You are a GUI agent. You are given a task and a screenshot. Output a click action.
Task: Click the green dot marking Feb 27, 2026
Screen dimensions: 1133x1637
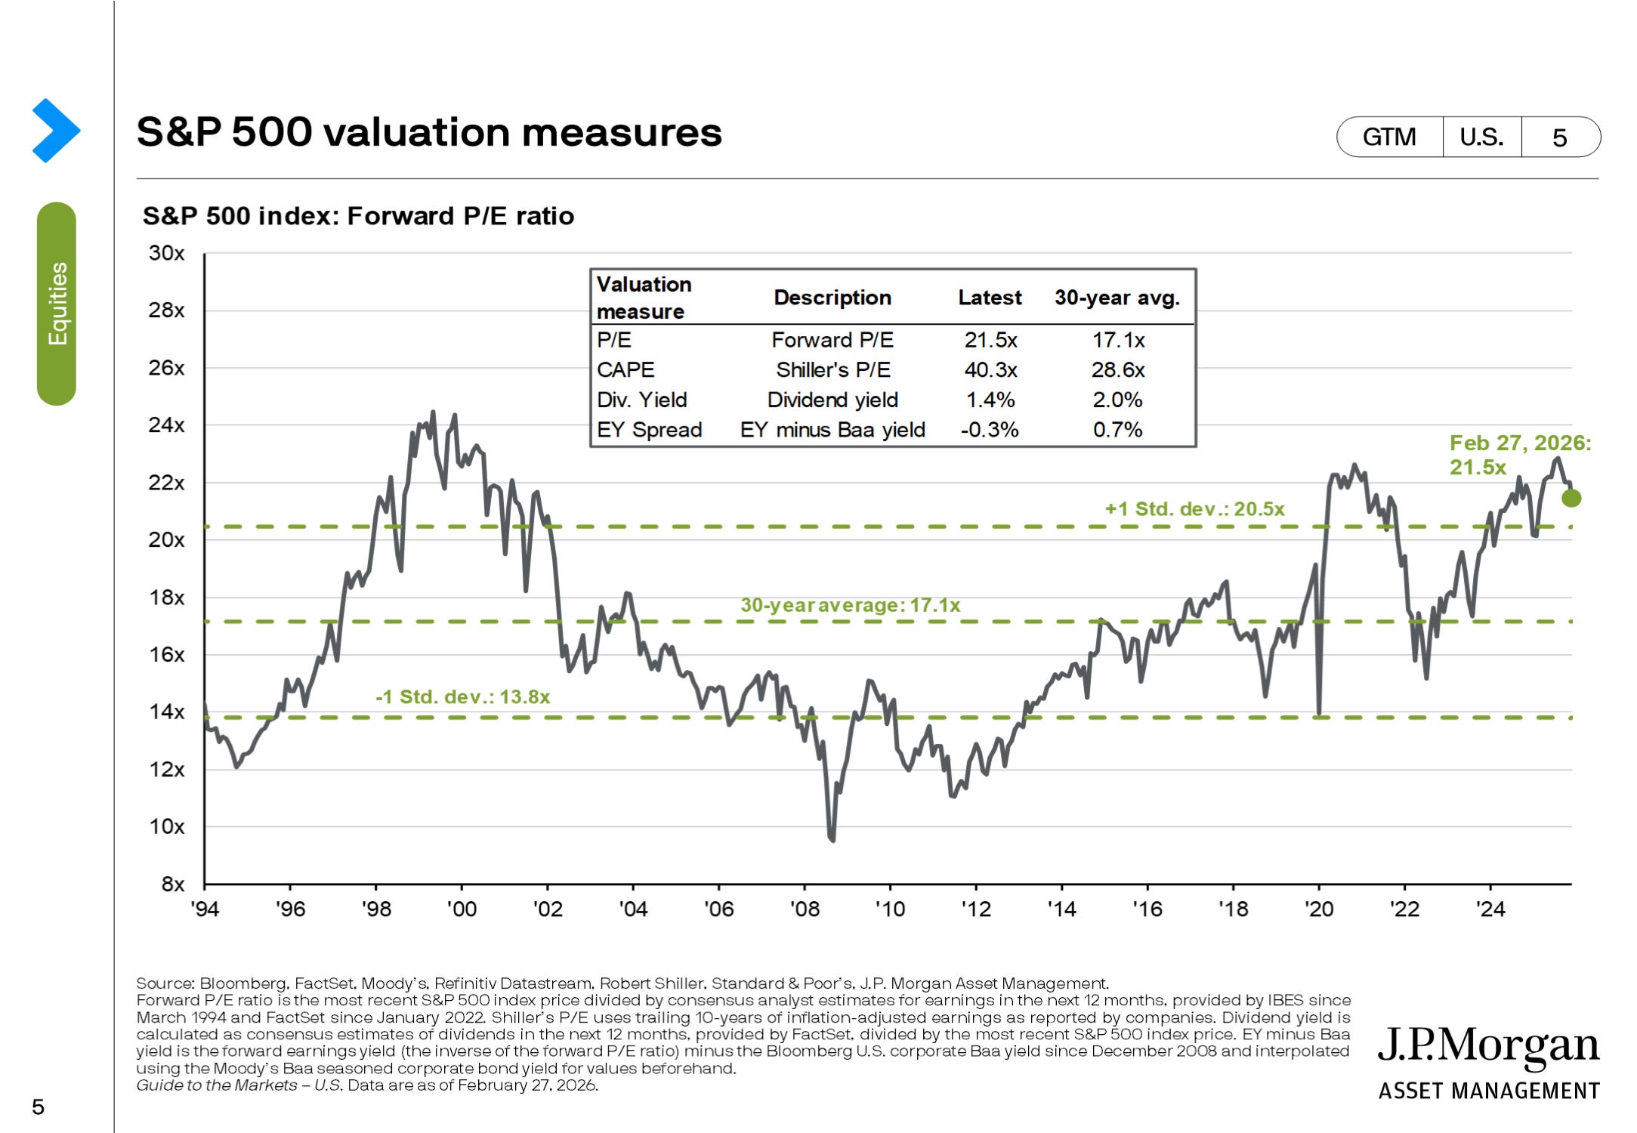click(x=1571, y=498)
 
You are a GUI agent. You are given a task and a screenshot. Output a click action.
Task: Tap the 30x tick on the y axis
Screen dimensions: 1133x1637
click(x=166, y=253)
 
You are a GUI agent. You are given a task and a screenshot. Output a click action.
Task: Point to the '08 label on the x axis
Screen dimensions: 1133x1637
click(x=805, y=909)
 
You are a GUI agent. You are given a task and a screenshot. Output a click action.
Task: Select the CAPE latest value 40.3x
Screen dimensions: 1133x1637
click(x=990, y=370)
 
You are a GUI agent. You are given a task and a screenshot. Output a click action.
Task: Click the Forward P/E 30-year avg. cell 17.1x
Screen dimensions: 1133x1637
click(x=1118, y=340)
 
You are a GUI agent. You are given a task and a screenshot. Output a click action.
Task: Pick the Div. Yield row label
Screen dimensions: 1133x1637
click(x=641, y=400)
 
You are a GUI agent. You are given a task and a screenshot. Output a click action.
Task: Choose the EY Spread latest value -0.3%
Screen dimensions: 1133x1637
click(x=990, y=430)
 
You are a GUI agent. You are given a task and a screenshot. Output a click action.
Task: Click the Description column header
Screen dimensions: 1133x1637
click(x=832, y=298)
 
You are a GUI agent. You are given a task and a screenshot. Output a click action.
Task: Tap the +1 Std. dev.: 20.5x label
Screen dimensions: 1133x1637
click(x=1194, y=509)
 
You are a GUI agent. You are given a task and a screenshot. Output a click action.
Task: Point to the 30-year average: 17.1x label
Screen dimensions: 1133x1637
click(x=850, y=605)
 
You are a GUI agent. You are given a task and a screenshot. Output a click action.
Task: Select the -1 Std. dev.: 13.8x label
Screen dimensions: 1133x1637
click(x=462, y=696)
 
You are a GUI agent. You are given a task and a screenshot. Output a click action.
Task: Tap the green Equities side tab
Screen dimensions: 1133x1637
click(x=57, y=304)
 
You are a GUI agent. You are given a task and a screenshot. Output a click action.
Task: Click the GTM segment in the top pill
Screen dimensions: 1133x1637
click(x=1389, y=137)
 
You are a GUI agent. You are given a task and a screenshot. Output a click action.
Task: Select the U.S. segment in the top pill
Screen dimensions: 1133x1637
click(x=1481, y=137)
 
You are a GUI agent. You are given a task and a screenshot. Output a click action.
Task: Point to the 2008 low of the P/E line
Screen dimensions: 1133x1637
click(x=832, y=838)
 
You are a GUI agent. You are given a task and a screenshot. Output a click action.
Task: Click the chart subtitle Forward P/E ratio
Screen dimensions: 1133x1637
click(x=358, y=216)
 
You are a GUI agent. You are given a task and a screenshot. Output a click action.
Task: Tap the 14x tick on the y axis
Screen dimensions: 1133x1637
click(x=166, y=712)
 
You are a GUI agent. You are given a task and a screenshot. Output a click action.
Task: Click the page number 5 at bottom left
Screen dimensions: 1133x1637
click(x=38, y=1107)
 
